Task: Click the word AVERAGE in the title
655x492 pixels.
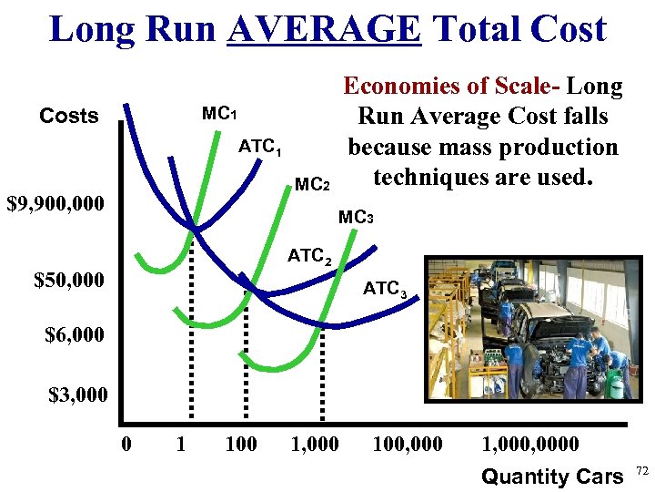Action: coord(325,29)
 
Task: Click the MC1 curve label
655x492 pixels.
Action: coord(219,115)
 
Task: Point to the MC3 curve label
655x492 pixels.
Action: coord(356,218)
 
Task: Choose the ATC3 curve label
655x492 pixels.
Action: coord(390,290)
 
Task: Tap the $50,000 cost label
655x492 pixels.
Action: coord(69,280)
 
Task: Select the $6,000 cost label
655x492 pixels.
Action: coord(76,336)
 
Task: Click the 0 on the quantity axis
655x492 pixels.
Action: coord(126,445)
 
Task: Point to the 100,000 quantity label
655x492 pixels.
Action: coord(408,445)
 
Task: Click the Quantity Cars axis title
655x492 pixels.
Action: coord(552,476)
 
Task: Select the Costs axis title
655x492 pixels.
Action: coord(69,116)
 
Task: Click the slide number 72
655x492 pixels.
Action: coord(640,470)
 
